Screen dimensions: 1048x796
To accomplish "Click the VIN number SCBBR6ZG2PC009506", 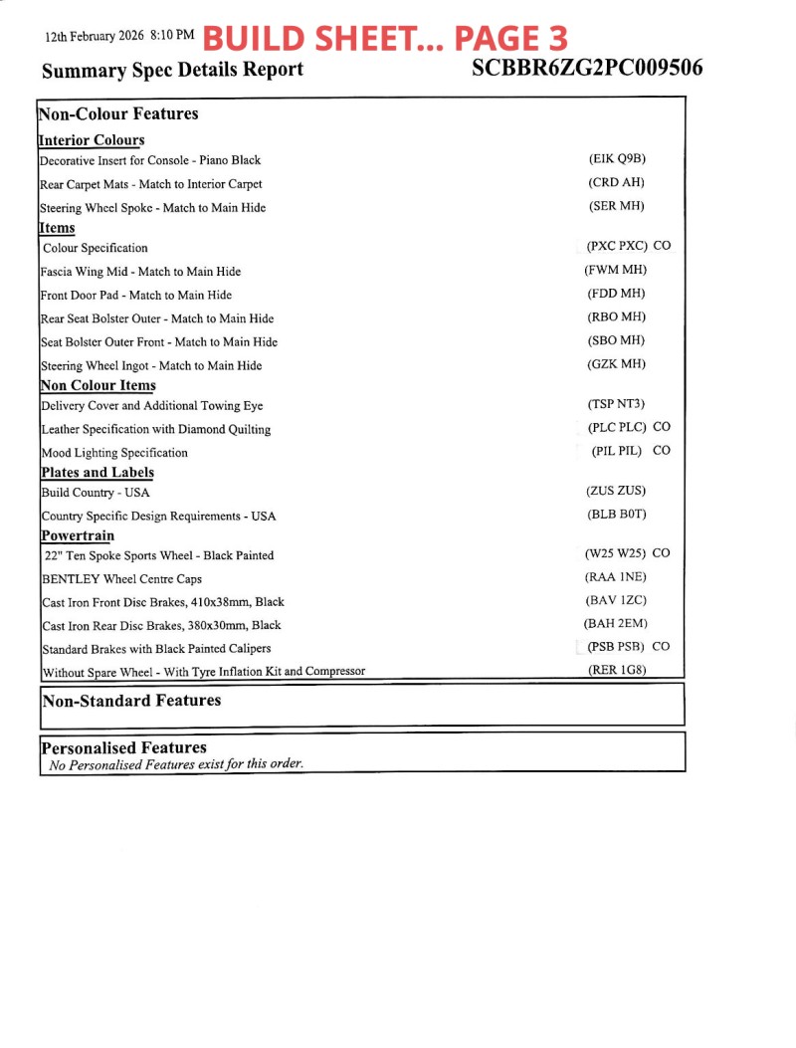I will pyautogui.click(x=587, y=68).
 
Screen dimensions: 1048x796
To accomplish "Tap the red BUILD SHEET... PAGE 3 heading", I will pyautogui.click(x=385, y=38).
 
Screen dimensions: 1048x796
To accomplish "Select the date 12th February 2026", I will pyautogui.click(x=95, y=36).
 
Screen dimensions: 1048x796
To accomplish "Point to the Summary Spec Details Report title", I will pyautogui.click(x=173, y=70).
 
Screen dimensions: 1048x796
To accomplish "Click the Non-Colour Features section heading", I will pyautogui.click(x=118, y=113).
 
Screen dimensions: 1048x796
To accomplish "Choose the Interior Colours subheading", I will pyautogui.click(x=92, y=140).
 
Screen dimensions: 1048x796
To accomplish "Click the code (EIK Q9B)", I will pyautogui.click(x=618, y=159).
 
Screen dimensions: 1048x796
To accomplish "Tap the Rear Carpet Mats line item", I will pyautogui.click(x=151, y=184).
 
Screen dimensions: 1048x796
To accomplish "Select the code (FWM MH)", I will pyautogui.click(x=616, y=270).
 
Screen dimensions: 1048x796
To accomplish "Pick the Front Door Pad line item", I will pyautogui.click(x=136, y=295).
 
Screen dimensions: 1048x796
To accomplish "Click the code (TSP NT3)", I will pyautogui.click(x=616, y=404).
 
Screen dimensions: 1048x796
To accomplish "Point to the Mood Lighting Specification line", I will pyautogui.click(x=114, y=453).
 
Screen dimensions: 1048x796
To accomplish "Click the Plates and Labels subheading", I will pyautogui.click(x=98, y=473).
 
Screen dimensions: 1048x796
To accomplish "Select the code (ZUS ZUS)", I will pyautogui.click(x=617, y=492).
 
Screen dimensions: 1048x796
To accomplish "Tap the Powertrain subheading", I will pyautogui.click(x=78, y=535).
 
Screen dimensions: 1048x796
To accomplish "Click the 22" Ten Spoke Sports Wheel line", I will pyautogui.click(x=159, y=555).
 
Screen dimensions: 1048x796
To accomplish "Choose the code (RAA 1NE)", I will pyautogui.click(x=616, y=577).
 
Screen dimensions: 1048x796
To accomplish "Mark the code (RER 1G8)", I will pyautogui.click(x=617, y=670).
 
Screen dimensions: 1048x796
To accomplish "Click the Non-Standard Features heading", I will pyautogui.click(x=131, y=701).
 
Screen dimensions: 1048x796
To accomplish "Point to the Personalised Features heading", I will pyautogui.click(x=123, y=747).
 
